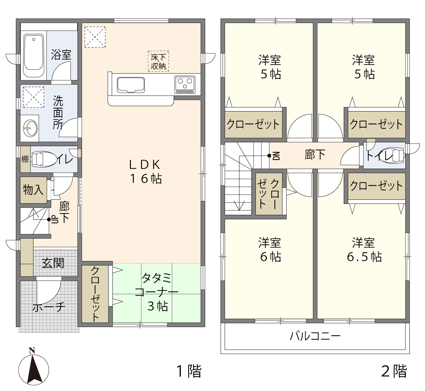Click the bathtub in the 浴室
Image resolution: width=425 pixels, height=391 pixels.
34,55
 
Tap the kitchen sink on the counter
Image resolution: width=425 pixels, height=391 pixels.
131,85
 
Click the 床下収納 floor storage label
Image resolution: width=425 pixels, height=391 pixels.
158,61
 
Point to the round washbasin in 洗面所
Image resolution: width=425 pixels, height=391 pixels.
30,128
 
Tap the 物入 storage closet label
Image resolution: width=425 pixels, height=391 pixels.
33,190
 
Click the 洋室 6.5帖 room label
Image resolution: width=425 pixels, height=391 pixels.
364,250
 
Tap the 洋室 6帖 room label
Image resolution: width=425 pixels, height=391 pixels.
270,250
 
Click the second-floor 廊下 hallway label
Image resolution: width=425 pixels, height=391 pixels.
315,154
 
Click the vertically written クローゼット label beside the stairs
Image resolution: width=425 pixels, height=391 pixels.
269,194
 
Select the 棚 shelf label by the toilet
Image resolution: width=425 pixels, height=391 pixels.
25,159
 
